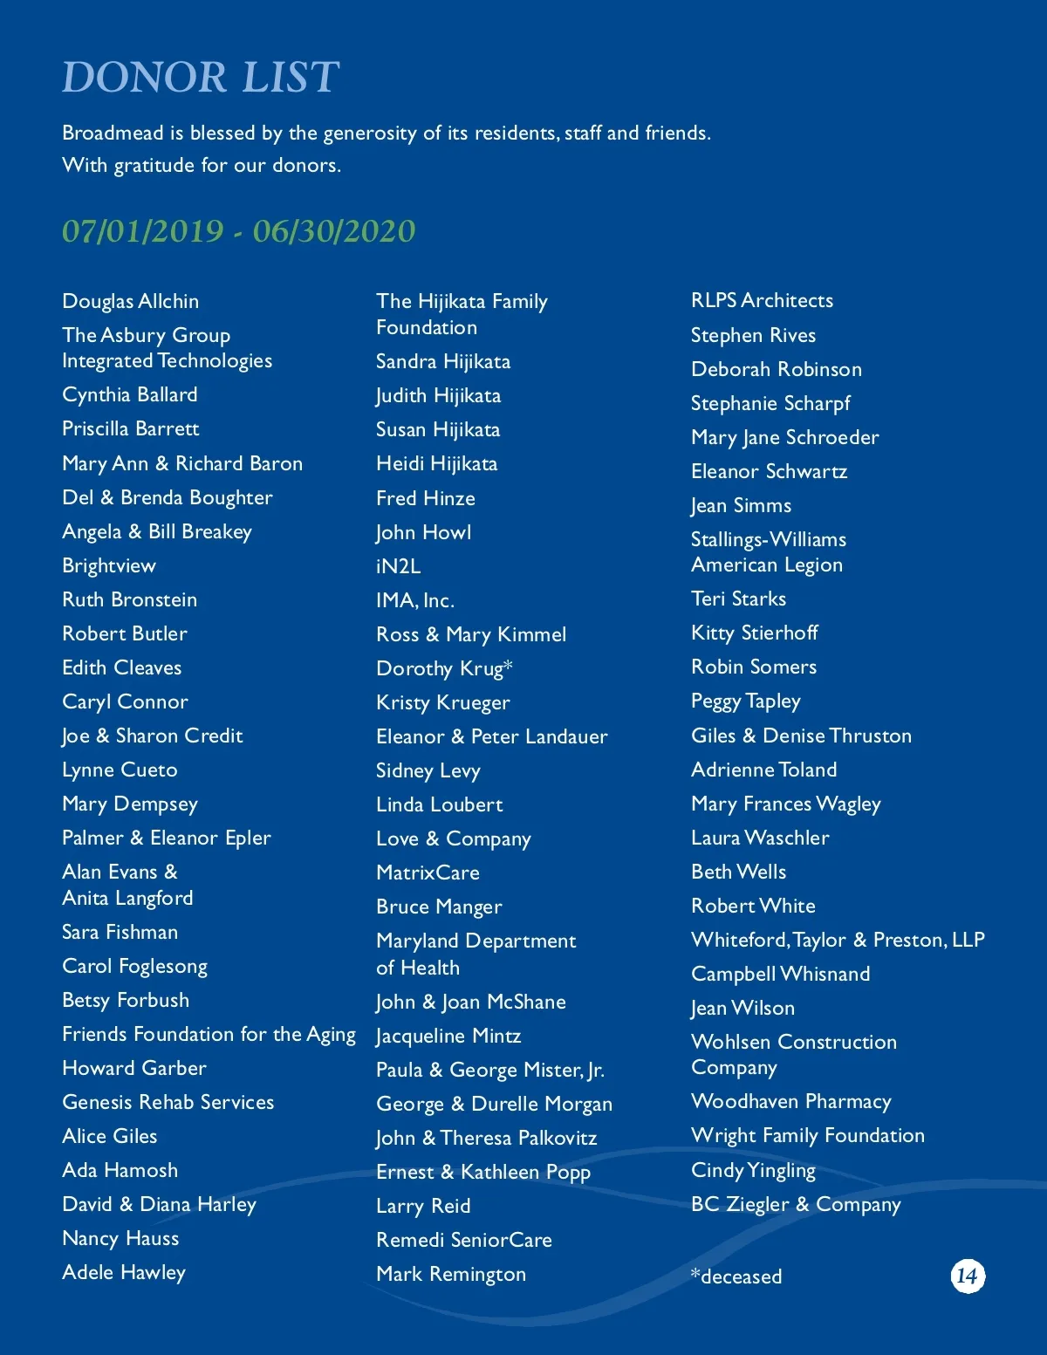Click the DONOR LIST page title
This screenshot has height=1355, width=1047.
201,77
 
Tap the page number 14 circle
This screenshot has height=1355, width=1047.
967,1276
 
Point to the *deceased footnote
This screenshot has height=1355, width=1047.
736,1276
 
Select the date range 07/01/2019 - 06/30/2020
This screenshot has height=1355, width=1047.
238,231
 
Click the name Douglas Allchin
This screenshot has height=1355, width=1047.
131,301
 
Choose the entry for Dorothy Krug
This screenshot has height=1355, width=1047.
444,668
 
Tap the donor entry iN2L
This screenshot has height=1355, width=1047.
398,566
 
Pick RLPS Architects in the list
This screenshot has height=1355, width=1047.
762,300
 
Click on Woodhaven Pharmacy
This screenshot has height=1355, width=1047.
790,1101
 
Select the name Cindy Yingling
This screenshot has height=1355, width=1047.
753,1170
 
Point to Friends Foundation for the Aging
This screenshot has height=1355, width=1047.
209,1034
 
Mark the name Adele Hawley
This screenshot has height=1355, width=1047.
124,1272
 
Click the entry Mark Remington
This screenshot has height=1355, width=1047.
451,1274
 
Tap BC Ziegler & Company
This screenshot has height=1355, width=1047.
796,1204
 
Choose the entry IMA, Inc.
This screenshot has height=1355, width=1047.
415,600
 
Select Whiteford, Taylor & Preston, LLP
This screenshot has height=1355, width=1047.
838,940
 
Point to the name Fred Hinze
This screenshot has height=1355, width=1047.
426,498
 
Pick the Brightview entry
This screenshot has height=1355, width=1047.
109,565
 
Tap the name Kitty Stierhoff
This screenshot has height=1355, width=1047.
755,633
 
